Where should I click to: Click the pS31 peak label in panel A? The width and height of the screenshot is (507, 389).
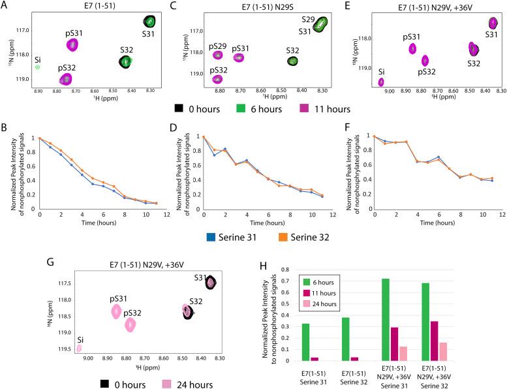[x=76, y=31]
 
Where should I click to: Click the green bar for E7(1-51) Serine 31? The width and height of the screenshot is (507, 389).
[x=305, y=342]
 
